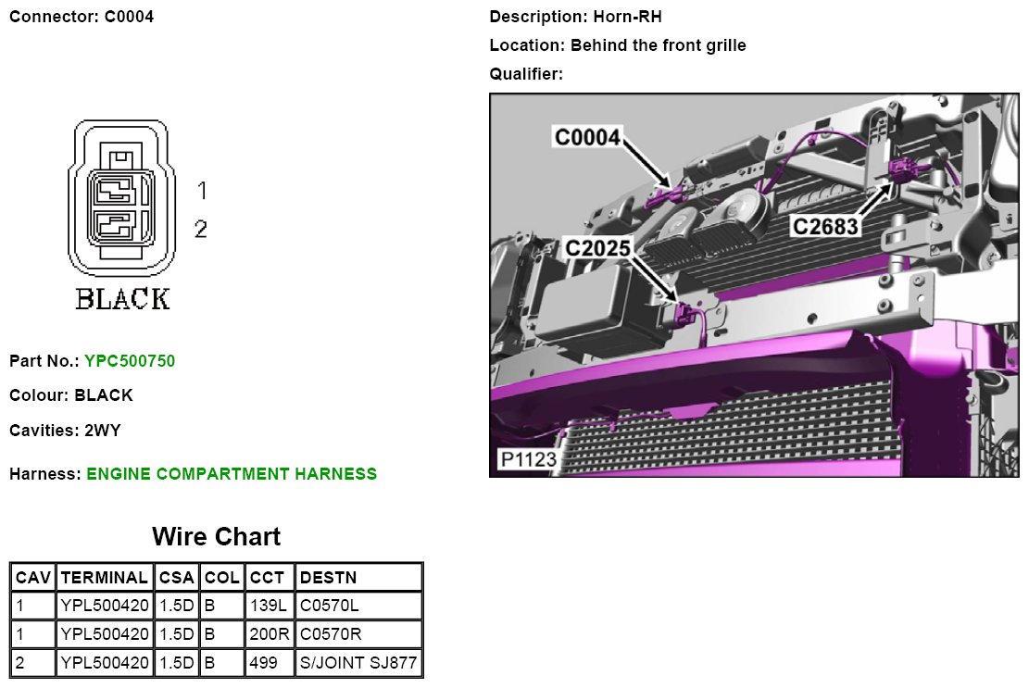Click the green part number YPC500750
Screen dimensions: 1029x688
pos(130,361)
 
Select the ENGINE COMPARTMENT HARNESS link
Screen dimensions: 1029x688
pos(232,473)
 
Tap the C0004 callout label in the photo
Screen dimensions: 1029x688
pos(587,137)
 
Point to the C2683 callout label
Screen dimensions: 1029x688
pos(825,226)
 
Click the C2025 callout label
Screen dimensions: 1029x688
pos(597,248)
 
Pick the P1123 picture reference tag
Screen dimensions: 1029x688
pos(528,458)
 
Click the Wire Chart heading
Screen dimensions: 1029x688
pos(216,536)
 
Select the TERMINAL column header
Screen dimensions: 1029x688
pos(105,578)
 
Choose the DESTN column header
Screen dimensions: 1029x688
pos(328,578)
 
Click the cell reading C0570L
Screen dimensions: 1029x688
pos(330,606)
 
